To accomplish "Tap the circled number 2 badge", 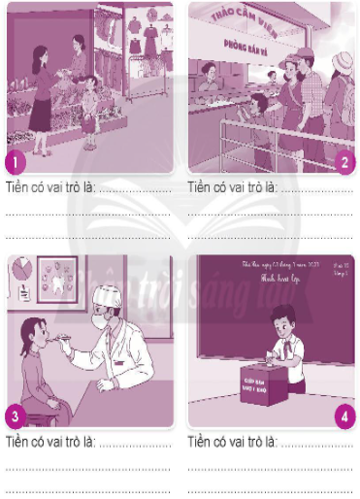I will tap(344, 161).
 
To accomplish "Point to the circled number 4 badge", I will tap(344, 416).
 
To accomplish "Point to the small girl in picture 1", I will tap(90, 105).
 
